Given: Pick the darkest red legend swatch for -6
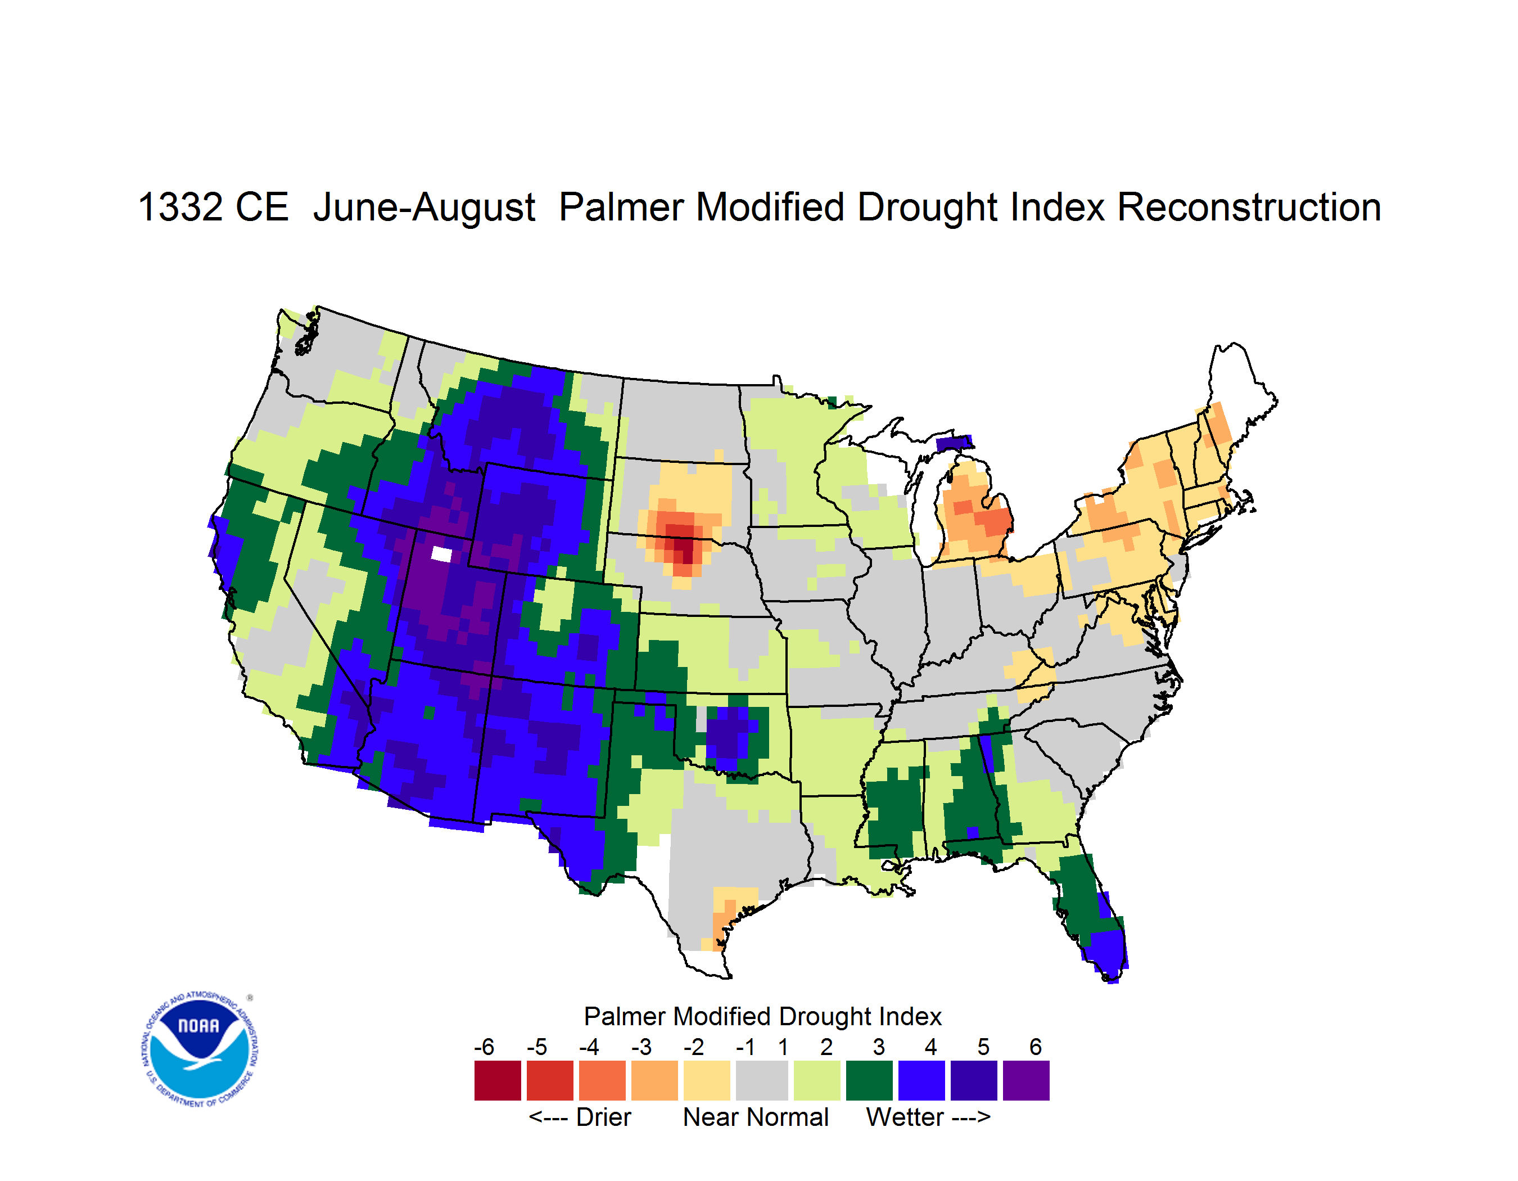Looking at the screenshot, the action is tap(498, 1080).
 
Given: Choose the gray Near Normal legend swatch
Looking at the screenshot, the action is tap(762, 1080).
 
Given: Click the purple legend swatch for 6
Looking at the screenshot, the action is tap(1026, 1080).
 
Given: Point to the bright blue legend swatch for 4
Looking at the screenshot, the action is tap(921, 1080).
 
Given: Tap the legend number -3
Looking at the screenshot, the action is tap(641, 1047).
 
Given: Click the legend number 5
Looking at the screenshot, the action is tap(983, 1047).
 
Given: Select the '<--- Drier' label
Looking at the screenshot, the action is tap(580, 1117).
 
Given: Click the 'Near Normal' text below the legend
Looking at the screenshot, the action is tap(756, 1117).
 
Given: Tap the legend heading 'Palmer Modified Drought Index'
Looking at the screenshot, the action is tap(762, 1016).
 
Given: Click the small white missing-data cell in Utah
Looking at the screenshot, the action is tap(441, 554).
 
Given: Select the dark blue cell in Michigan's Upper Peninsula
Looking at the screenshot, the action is tap(954, 444).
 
